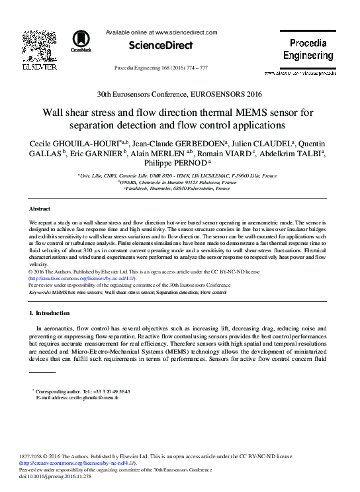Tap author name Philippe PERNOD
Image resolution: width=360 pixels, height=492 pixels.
tap(177, 164)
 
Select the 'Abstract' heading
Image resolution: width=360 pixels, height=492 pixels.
tap(40, 208)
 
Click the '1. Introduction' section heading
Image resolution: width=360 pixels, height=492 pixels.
tap(50, 312)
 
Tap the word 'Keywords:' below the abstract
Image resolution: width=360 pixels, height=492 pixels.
tap(40, 291)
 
